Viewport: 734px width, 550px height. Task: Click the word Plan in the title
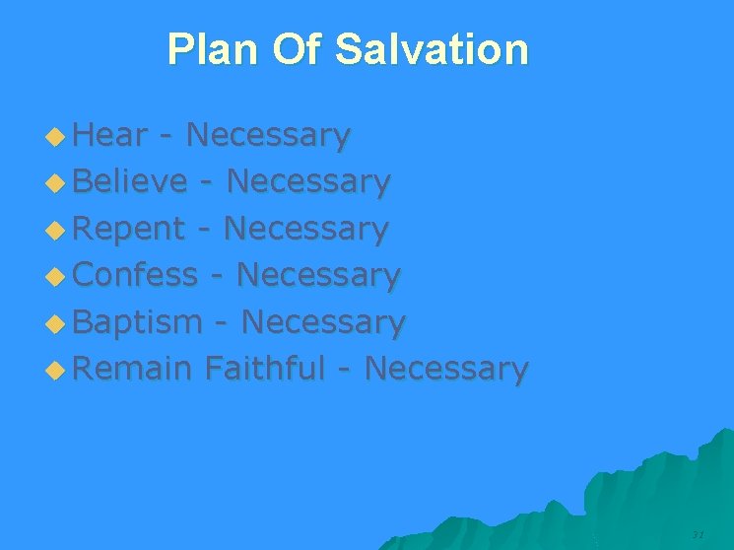click(213, 48)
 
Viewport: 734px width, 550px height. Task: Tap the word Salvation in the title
click(432, 48)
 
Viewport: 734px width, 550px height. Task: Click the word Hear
click(110, 134)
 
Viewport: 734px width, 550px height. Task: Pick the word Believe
click(130, 180)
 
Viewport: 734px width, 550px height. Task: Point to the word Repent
click(129, 228)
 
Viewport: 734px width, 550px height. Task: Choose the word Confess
click(136, 274)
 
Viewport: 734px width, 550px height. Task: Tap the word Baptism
click(138, 321)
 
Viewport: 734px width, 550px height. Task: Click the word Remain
click(132, 368)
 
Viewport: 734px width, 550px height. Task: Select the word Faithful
click(264, 368)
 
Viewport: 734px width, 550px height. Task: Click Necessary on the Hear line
click(267, 136)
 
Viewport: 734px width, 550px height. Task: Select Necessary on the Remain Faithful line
click(446, 370)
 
